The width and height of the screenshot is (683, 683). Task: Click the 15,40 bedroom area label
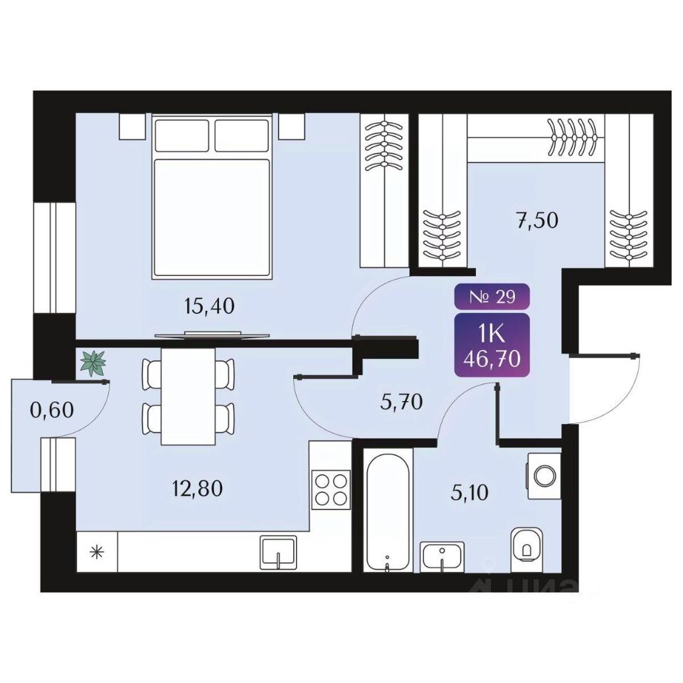(208, 307)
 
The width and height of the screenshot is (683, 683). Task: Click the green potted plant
(92, 363)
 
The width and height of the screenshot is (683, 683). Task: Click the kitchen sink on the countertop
(278, 551)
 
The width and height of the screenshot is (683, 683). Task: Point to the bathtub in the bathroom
(387, 509)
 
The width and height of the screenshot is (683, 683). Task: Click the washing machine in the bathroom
(544, 473)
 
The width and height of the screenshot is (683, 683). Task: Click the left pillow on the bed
(182, 135)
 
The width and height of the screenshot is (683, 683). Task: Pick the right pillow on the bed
(241, 135)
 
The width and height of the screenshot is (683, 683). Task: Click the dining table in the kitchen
(189, 395)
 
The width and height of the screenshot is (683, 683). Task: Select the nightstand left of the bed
(132, 127)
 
